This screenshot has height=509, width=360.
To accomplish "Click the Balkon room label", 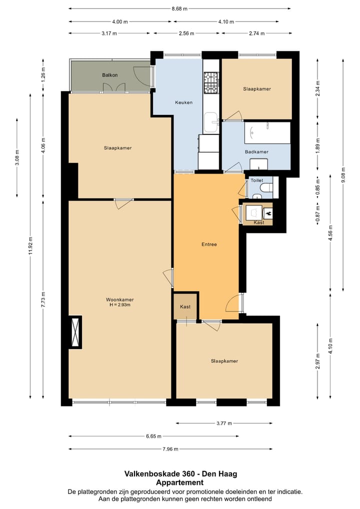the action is (109, 75).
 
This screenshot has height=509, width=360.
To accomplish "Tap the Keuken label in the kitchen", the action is (183, 102).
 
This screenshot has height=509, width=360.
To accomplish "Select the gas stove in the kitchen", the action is (211, 82).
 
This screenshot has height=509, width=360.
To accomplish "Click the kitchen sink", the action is (211, 122).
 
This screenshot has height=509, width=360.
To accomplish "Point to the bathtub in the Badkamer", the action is (267, 133).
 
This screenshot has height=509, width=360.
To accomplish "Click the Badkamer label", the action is (256, 151).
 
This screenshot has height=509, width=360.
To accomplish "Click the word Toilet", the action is (257, 180).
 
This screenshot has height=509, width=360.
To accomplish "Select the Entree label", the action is (209, 244).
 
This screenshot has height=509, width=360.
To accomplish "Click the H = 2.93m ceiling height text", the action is (120, 305).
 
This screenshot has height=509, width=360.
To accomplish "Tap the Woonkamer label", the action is (120, 299).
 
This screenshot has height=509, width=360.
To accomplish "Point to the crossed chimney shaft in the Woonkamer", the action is (75, 332).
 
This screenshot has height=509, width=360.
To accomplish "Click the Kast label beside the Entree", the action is (185, 307).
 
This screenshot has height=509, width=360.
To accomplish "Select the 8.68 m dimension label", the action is (179, 9).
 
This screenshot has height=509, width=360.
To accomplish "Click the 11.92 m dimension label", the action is (30, 245).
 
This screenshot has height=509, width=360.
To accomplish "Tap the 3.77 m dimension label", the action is (224, 423).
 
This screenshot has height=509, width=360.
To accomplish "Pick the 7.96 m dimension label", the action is (170, 449).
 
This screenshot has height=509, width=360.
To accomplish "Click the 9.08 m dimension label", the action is (343, 174).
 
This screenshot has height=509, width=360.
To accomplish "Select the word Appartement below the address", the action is (180, 482).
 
